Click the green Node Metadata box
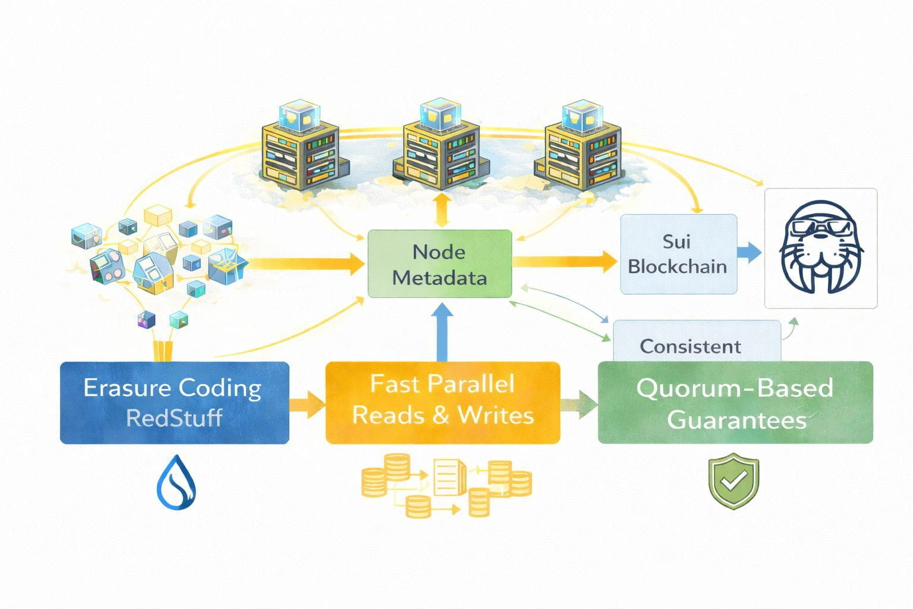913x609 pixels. click(439, 264)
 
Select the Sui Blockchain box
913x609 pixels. click(678, 254)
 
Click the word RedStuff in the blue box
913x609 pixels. click(174, 417)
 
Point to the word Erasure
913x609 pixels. click(122, 388)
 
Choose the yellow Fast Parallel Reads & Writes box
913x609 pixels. click(443, 402)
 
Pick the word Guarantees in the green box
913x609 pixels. click(736, 420)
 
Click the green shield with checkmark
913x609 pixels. click(733, 481)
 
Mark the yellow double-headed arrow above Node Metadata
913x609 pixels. click(440, 210)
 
